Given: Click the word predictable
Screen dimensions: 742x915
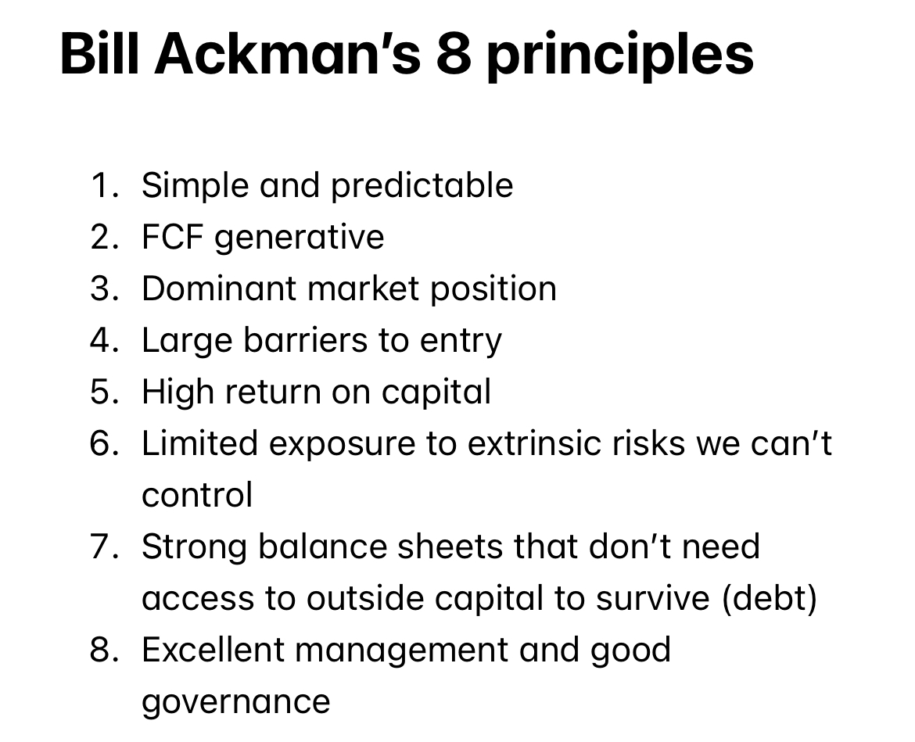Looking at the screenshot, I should tap(422, 185).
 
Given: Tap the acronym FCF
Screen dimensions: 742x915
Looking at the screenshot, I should tap(172, 237).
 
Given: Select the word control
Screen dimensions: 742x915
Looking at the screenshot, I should tap(197, 495).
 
